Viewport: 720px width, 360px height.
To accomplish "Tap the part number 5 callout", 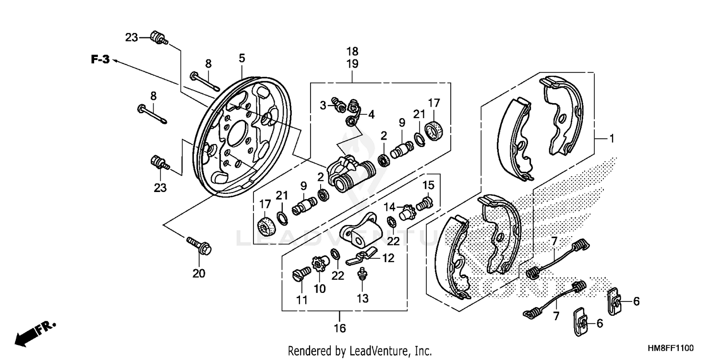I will [x=242, y=58].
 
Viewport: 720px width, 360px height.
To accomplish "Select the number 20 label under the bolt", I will [x=199, y=274].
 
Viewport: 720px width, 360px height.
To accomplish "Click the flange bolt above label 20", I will [x=199, y=245].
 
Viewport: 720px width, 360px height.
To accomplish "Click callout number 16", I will [x=340, y=329].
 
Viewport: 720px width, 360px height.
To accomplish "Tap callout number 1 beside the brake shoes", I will [x=612, y=139].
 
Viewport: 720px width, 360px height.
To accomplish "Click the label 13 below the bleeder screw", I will [x=362, y=299].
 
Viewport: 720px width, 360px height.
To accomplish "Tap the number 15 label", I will [x=428, y=185].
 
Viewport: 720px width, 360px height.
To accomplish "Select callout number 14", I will [x=389, y=207].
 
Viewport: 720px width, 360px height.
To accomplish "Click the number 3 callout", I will [x=324, y=105].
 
